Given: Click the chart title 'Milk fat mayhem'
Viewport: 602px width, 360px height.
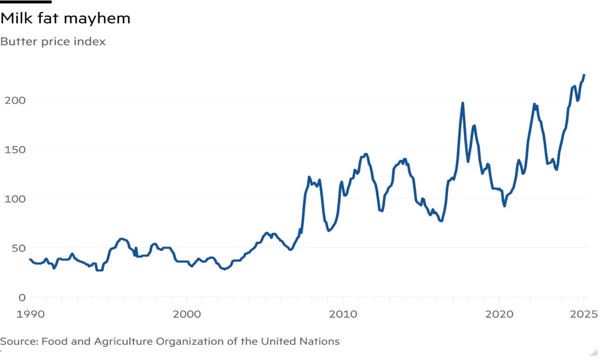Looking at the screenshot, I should coord(65,19).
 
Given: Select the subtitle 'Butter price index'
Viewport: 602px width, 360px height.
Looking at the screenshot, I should coord(53,42).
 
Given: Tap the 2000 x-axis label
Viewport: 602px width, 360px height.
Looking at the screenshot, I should coord(186,314).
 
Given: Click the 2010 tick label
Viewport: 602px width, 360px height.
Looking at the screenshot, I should coord(343,314).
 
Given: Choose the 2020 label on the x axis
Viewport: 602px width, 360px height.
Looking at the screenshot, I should coord(499,314).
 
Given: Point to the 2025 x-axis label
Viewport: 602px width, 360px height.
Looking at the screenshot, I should coord(583,314).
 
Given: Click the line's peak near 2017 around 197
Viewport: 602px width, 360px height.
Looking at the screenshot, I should coord(463,103).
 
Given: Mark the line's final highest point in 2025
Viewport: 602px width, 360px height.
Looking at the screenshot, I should coord(584,75).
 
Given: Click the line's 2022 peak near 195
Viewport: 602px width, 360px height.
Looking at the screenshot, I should coord(534,104).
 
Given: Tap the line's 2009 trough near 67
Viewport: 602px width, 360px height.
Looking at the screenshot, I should coord(329,230).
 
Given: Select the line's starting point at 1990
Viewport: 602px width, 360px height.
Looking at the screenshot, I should coord(30,259).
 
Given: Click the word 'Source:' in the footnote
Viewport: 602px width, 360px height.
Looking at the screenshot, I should coord(19,341).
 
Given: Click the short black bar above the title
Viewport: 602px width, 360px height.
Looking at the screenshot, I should coord(26,1).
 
